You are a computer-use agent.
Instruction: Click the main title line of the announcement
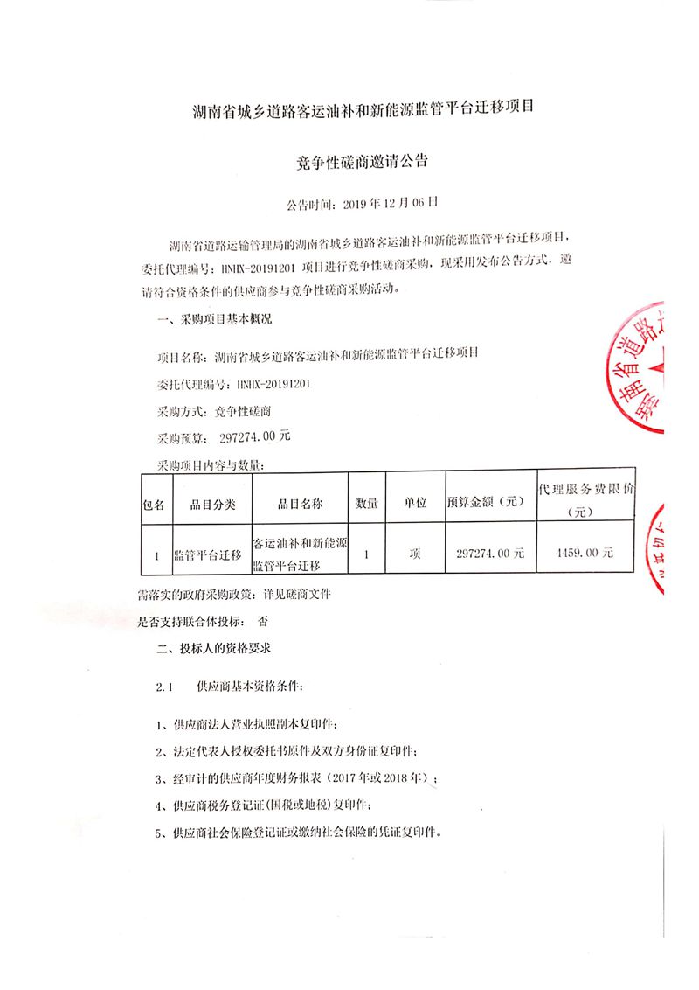point(362,110)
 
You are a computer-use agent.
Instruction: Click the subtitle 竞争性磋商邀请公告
point(362,162)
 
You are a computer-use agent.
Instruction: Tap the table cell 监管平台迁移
point(207,554)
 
